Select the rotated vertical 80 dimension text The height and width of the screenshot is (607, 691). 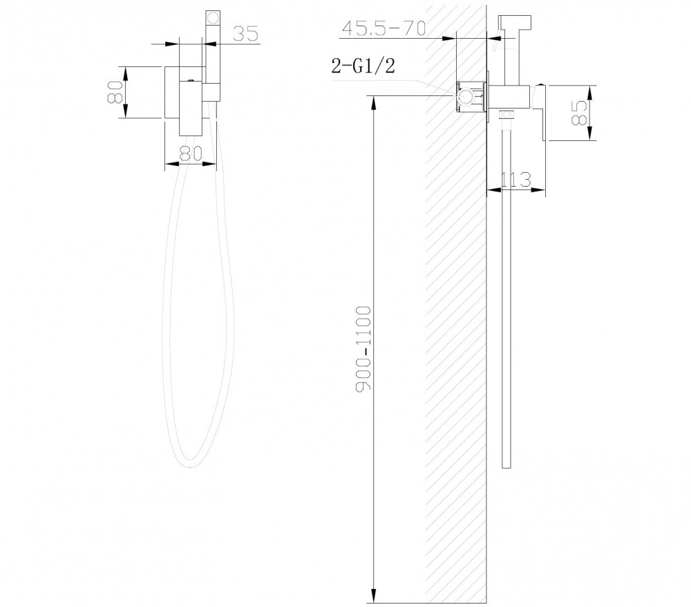click(115, 92)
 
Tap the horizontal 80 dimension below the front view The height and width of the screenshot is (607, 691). click(189, 153)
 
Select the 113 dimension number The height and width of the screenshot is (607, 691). click(514, 179)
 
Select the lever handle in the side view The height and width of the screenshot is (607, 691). click(542, 111)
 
